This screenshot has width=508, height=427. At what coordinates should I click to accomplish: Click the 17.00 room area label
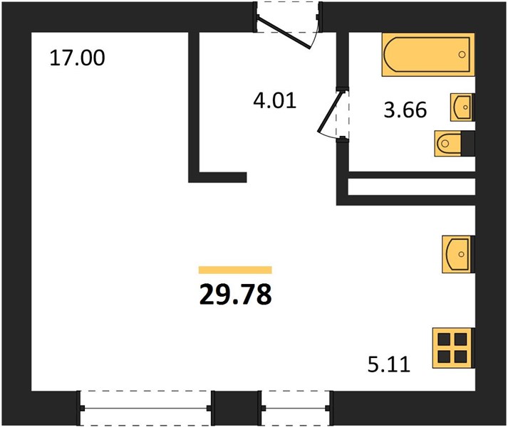[77, 58]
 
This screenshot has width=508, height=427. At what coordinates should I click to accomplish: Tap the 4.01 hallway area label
[275, 100]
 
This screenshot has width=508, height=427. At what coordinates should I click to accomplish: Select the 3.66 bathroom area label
[405, 110]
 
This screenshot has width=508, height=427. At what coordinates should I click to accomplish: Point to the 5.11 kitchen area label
[389, 364]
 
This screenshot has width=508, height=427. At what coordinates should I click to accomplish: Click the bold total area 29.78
[236, 295]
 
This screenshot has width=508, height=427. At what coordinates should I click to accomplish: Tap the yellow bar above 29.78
[235, 270]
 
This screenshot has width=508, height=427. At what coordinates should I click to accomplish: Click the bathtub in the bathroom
[428, 54]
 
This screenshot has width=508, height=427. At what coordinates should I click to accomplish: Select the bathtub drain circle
[462, 55]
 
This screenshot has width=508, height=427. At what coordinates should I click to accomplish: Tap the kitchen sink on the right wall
[458, 254]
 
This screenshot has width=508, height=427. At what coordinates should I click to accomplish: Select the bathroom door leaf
[330, 112]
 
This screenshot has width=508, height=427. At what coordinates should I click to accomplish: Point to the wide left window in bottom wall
[145, 408]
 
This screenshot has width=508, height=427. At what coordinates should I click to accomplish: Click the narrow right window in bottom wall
[295, 408]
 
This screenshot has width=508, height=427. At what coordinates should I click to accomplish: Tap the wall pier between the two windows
[236, 408]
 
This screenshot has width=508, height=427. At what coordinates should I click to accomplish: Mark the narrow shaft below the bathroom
[411, 186]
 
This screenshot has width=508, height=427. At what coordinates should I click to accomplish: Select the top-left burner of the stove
[444, 339]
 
